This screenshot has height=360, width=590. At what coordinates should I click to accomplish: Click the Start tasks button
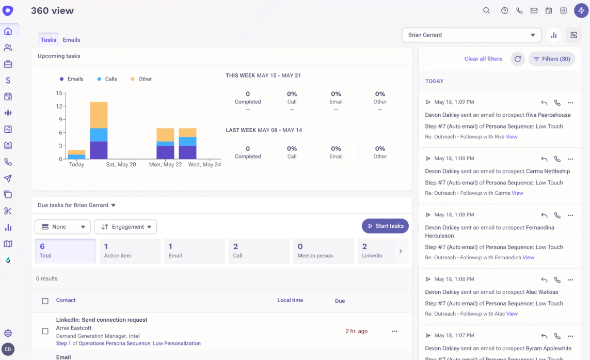click(385, 226)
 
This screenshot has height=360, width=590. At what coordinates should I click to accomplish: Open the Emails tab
click(71, 40)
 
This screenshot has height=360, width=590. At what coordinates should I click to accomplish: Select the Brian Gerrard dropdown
click(471, 35)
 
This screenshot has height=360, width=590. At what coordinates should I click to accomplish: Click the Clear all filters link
click(483, 59)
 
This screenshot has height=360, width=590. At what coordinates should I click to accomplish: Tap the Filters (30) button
click(551, 59)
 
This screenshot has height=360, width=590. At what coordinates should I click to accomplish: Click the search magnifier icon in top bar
click(486, 10)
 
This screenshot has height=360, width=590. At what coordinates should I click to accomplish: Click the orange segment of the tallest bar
click(99, 115)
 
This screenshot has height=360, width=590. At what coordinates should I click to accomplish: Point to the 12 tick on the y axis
click(59, 106)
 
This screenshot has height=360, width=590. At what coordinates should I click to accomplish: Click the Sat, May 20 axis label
click(121, 165)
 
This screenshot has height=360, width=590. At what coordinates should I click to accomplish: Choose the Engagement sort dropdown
click(125, 227)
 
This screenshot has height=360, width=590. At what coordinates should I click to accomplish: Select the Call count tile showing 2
click(259, 251)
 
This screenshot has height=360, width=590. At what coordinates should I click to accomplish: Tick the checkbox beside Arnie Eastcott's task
click(45, 331)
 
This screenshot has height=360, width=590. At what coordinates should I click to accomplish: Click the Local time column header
click(290, 300)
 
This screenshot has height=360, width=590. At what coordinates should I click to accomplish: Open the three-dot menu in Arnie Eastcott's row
click(394, 331)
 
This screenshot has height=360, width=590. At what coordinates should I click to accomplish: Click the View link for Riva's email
click(512, 137)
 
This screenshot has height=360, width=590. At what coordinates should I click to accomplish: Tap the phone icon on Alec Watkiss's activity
click(557, 279)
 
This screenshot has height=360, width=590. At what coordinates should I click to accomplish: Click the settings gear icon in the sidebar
click(8, 334)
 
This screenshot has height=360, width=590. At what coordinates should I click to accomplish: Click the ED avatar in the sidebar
click(8, 349)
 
